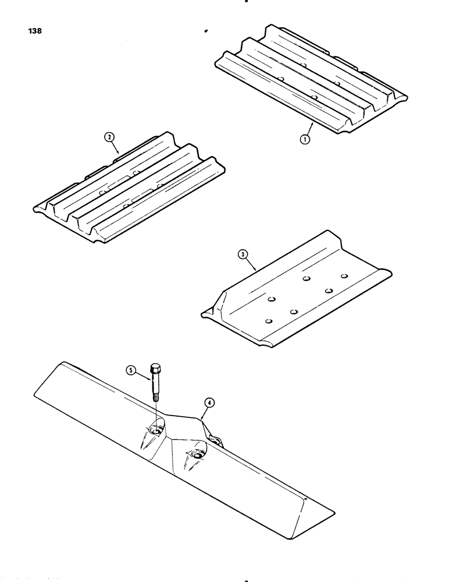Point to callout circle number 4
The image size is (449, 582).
point(208,401)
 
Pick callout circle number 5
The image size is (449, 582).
point(131,370)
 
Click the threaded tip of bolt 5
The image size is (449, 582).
point(156,398)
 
